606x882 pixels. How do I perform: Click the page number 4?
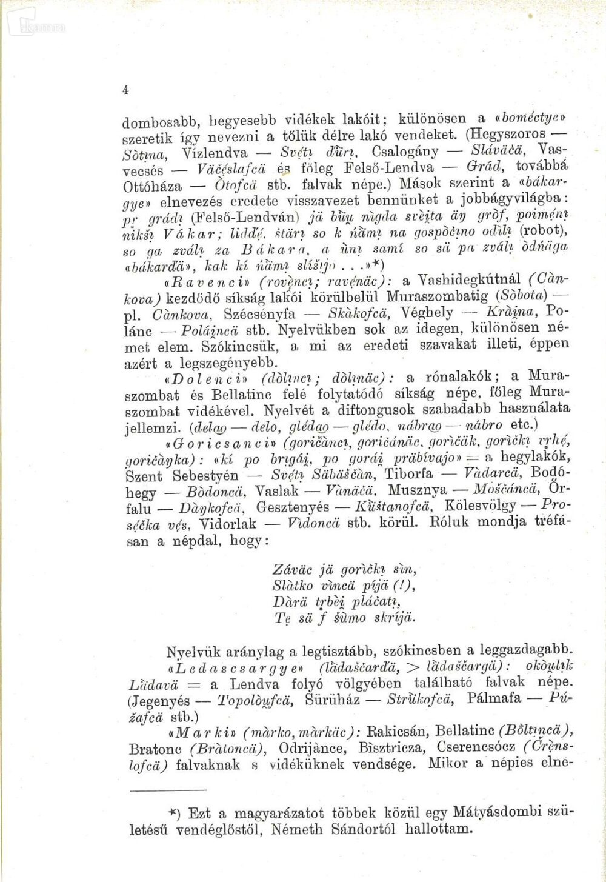(125, 89)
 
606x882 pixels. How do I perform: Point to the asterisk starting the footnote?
(172, 812)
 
